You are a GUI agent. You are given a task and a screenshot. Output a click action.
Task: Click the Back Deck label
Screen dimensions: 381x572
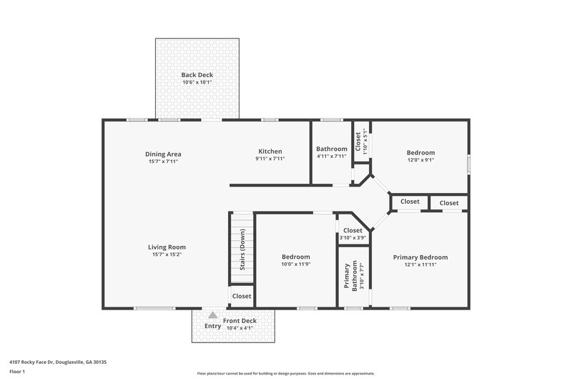tap(197, 74)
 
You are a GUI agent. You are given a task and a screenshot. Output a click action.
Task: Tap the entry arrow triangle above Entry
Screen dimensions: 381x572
tap(212, 315)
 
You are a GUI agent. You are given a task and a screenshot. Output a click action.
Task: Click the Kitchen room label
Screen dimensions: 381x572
tap(270, 151)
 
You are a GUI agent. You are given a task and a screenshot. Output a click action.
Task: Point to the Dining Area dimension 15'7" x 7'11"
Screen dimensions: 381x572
tap(162, 162)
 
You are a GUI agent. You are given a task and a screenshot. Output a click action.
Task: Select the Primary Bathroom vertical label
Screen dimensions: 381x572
tap(354, 276)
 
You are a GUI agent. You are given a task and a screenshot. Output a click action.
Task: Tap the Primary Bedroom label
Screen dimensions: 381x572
tap(420, 257)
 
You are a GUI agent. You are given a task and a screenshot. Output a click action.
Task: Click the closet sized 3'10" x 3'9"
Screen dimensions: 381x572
tap(352, 234)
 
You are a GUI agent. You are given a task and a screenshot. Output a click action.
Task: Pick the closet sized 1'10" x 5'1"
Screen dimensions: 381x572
tap(361, 142)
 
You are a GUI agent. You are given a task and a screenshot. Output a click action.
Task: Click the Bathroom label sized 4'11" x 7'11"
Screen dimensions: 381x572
tap(331, 149)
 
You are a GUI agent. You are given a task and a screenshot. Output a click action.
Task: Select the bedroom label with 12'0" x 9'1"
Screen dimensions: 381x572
tap(420, 152)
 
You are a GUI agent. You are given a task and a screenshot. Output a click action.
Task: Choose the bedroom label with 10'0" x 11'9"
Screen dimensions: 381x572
tap(295, 257)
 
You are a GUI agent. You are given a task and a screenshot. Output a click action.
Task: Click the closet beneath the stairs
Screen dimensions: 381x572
tap(242, 296)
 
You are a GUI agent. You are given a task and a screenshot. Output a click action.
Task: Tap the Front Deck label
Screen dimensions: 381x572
tap(239, 321)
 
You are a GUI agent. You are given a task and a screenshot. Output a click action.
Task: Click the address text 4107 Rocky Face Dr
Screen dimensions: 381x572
tap(58, 362)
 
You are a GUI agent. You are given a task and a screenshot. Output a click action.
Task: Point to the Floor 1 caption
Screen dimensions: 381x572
tap(17, 372)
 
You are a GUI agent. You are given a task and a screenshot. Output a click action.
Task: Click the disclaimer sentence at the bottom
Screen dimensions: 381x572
tap(285, 373)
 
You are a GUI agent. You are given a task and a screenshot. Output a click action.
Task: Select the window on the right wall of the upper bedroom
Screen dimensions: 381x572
tap(469, 163)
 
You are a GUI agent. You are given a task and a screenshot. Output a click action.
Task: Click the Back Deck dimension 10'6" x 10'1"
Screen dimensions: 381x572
tap(197, 82)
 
